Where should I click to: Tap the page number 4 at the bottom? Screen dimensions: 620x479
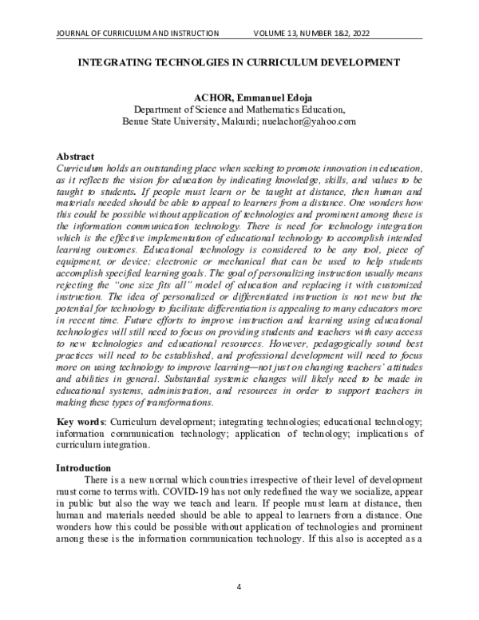[239, 587]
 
